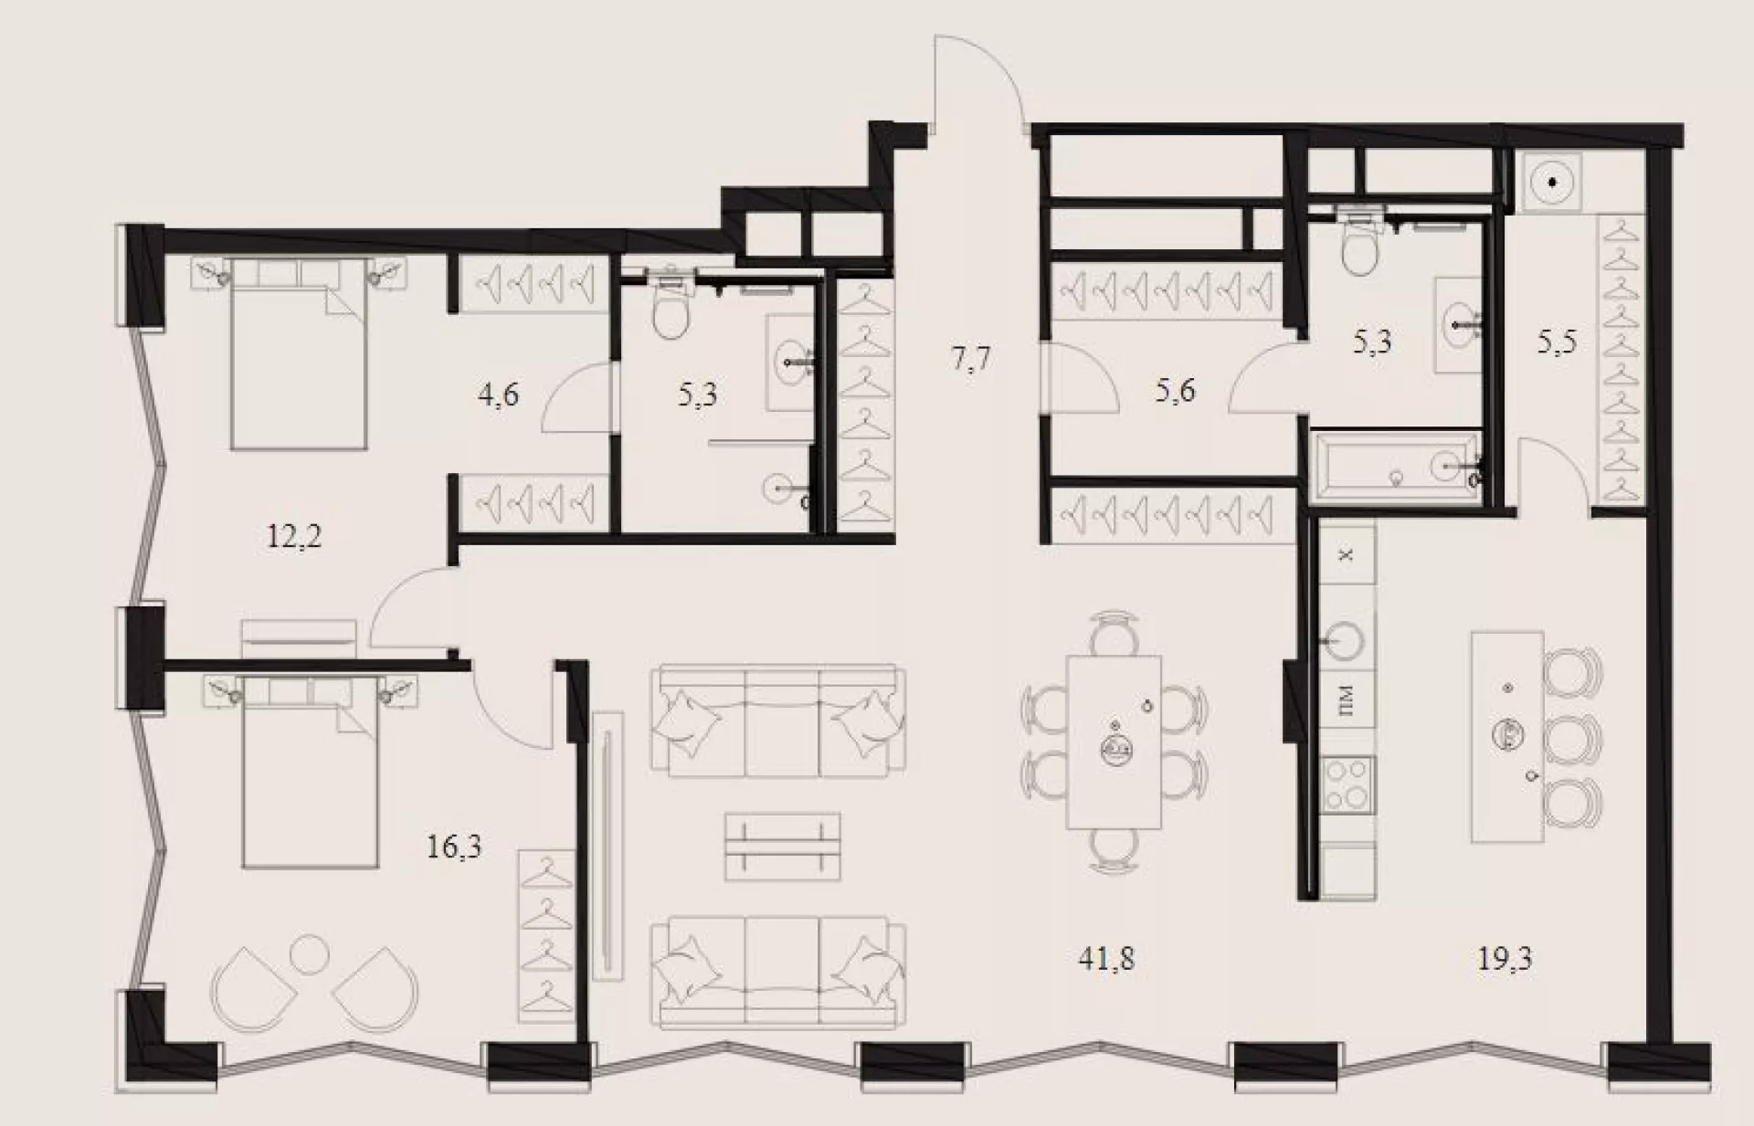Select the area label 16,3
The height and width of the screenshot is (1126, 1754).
tap(454, 847)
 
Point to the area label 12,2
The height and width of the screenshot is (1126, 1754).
tap(294, 536)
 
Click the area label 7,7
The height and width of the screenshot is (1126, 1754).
tap(970, 359)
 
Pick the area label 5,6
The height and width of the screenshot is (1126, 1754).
tap(1175, 391)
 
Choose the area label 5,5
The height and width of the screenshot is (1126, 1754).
tap(1557, 342)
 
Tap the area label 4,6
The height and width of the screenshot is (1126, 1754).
tap(498, 395)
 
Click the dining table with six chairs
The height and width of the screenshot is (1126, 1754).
tap(1115, 742)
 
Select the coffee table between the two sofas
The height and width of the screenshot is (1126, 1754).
tap(783, 847)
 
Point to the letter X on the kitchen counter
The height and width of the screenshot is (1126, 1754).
tap(1346, 554)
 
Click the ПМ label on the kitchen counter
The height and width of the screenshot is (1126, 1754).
tap(1346, 701)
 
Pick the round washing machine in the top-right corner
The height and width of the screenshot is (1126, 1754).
tap(1551, 182)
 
